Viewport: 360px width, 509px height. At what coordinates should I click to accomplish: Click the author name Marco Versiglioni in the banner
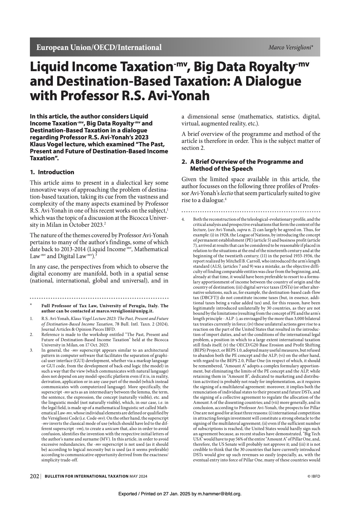pos(290,47)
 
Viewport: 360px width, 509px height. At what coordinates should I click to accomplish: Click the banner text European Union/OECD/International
pos(99,47)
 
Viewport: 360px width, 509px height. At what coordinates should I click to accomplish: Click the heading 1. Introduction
pos(52,172)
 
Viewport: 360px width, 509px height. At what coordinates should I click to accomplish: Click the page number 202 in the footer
pos(35,476)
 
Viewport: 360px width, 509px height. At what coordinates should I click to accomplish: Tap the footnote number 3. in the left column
pos(32,350)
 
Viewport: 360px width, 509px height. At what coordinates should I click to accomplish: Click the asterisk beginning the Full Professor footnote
pos(31,305)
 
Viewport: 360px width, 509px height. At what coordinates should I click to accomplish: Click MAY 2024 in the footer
pos(138,476)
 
